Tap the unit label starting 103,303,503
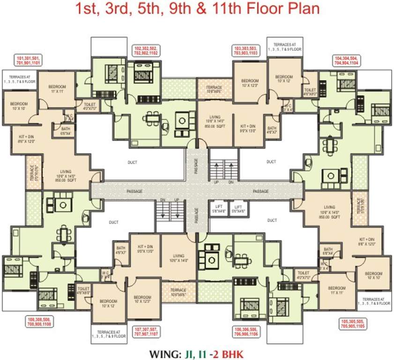(245, 51)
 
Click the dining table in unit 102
(151, 119)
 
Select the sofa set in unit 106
(208, 253)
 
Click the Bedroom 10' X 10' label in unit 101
(19, 106)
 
